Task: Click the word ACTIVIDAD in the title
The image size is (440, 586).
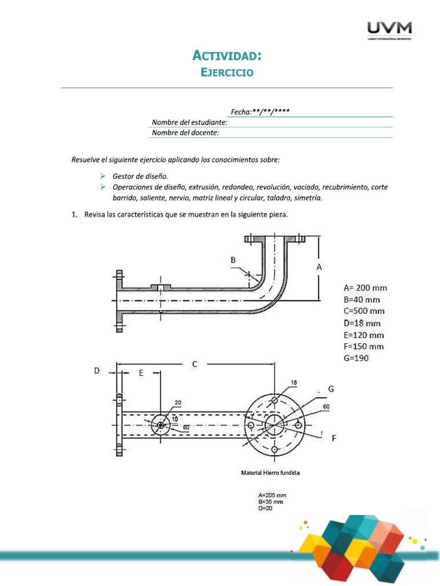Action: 226,56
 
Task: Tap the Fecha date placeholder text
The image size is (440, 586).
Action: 260,112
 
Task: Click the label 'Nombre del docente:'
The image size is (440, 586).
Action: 185,133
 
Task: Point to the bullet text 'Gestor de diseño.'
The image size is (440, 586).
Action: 140,176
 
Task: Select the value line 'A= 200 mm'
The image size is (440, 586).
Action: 364,288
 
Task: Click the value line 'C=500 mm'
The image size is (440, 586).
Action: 364,311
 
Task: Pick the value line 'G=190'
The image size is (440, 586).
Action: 356,358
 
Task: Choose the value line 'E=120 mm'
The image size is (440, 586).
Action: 364,335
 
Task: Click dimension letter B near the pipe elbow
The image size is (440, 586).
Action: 233,260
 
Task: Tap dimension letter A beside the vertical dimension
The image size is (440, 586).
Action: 319,267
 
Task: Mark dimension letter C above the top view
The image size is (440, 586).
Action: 195,363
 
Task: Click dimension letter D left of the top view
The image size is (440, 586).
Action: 97,371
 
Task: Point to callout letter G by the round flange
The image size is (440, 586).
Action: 331,389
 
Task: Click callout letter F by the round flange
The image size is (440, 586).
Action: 333,438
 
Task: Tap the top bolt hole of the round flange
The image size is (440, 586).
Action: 274,399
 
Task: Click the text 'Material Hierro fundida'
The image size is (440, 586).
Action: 270,473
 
